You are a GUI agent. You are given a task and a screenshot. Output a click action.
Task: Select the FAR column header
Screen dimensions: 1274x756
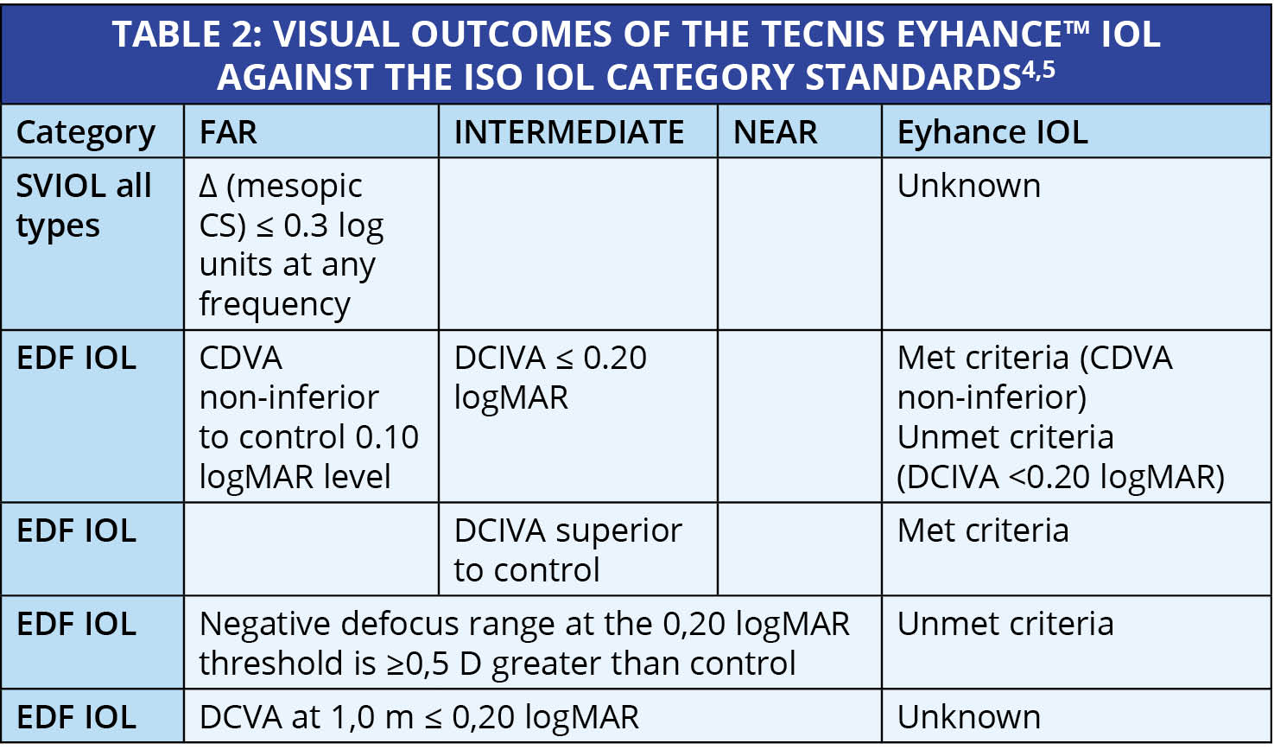coord(228,132)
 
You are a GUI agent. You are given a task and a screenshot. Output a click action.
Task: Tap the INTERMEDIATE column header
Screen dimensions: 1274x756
coord(568,132)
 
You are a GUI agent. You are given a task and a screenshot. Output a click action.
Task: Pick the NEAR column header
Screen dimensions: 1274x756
coord(776,132)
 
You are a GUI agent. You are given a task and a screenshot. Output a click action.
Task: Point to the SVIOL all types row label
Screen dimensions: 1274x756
coord(84,206)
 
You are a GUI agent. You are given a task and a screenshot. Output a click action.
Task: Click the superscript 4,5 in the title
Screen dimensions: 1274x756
coord(1038,70)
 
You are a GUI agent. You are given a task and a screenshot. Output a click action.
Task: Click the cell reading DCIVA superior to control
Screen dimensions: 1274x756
coord(567,550)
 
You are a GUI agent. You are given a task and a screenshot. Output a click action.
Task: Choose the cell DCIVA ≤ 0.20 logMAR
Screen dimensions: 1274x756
coord(550,378)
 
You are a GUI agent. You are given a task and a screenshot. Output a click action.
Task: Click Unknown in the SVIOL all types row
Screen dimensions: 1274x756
coord(968,186)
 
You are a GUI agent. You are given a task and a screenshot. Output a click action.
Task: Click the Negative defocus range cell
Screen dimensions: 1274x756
coord(524,644)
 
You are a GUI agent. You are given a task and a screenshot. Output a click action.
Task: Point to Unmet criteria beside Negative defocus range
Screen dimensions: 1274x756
coord(1005,624)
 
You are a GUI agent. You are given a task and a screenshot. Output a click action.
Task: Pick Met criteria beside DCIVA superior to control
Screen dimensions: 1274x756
coord(983,530)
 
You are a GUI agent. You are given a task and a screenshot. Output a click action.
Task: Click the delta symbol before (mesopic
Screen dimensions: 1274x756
coord(208,187)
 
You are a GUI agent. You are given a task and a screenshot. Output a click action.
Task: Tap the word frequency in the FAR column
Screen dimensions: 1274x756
coord(275,305)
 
